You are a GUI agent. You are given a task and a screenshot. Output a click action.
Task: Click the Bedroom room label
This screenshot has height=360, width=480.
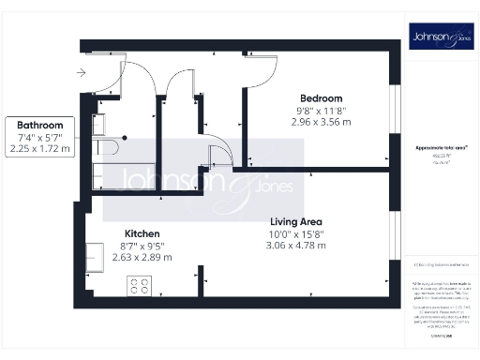pos(321,98)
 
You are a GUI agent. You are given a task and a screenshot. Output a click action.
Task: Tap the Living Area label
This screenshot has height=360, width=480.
pos(295,221)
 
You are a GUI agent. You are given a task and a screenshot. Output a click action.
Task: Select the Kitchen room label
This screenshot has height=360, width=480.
pos(143,233)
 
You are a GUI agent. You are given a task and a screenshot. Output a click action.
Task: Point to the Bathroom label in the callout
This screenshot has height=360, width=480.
pos(39,125)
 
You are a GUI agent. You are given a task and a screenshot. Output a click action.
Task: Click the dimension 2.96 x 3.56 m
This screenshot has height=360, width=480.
pos(321,122)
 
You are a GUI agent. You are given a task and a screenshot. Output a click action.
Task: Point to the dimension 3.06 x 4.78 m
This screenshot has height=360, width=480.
pos(295,246)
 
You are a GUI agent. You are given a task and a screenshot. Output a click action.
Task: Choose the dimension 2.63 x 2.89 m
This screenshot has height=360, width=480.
pos(143,257)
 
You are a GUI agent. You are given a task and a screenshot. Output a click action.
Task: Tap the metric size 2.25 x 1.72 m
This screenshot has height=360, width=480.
pos(39,148)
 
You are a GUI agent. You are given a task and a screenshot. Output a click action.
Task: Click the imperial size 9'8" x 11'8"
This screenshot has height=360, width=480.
pos(321,111)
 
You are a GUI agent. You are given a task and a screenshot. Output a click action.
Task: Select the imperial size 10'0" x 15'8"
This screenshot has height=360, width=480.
pos(295,233)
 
